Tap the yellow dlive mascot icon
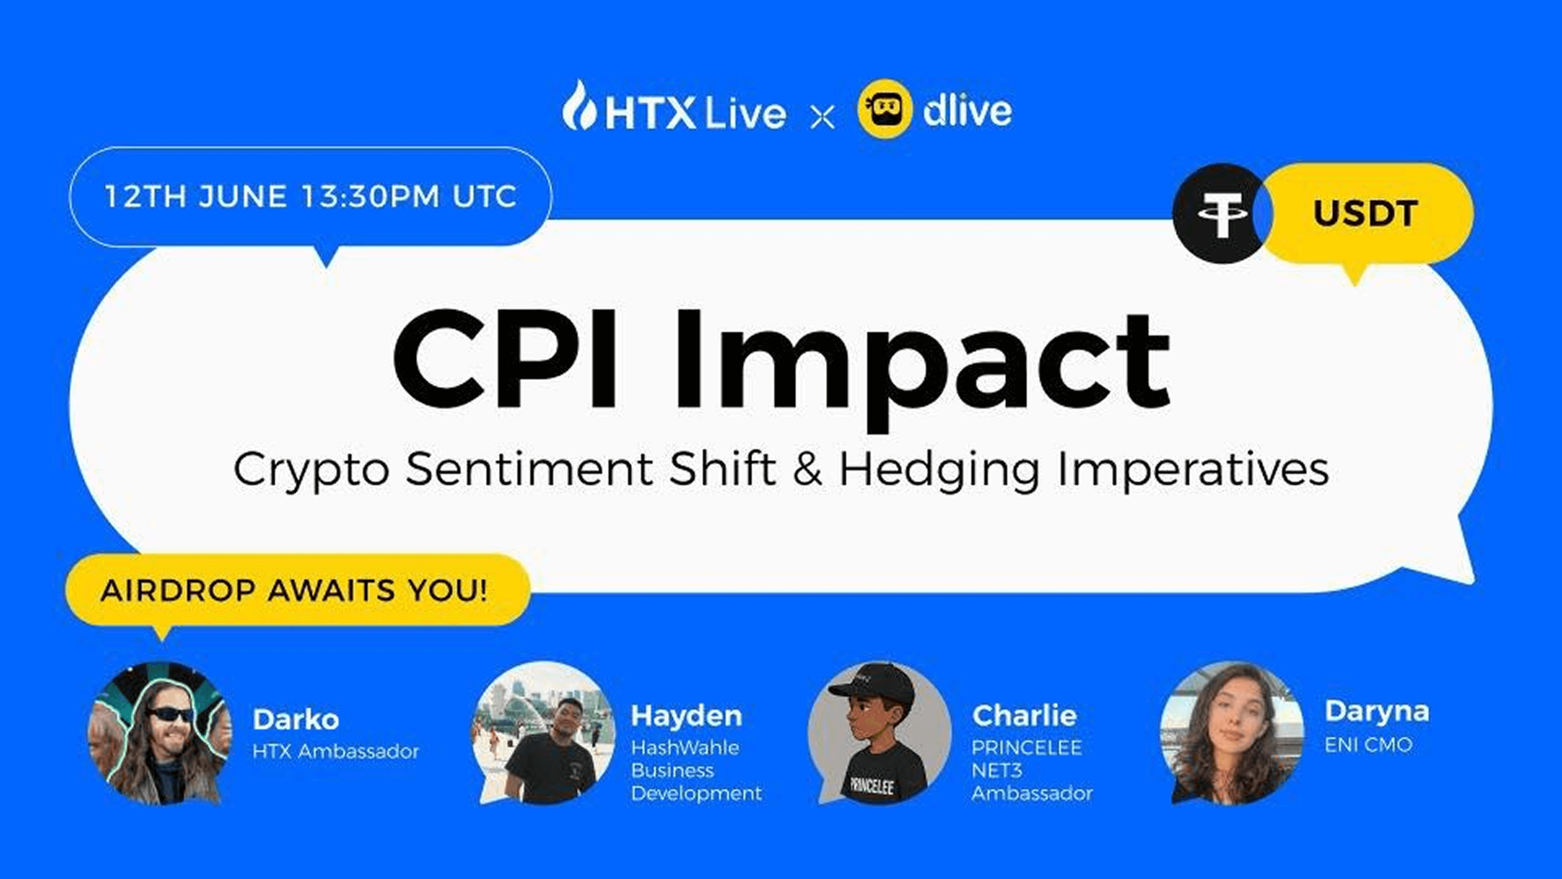884,110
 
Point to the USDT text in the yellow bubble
1365,213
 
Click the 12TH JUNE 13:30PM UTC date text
310,196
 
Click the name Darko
295,719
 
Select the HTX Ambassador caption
335,752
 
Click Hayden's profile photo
544,733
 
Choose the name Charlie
1024,716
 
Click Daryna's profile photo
1232,733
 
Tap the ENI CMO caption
1369,745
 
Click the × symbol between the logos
822,117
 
